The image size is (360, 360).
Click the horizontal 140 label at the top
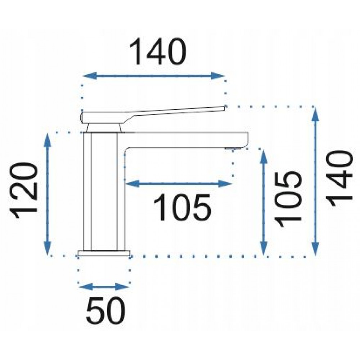158,52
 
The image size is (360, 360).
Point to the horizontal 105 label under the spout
182,207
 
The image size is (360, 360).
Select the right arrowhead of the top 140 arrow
217,76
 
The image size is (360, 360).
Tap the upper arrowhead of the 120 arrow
47,140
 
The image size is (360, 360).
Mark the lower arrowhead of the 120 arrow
47,248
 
